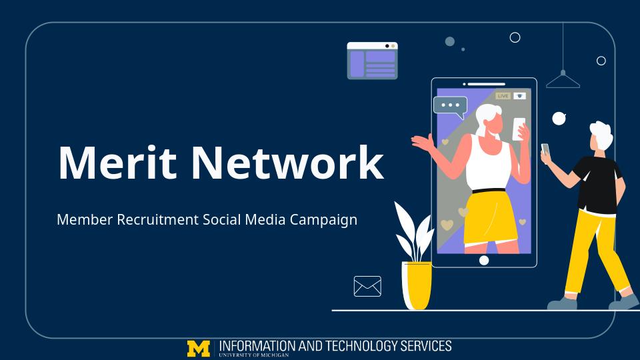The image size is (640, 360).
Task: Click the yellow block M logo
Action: tap(199, 348)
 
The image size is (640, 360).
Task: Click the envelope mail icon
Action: tap(367, 286)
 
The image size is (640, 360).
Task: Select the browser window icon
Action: tap(372, 61)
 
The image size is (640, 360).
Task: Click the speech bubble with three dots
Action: tap(450, 106)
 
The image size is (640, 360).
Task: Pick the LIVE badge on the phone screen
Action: tap(503, 96)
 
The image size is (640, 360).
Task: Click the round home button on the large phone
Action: tap(484, 260)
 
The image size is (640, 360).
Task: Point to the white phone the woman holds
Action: tap(519, 129)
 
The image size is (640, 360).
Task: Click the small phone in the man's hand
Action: tap(545, 149)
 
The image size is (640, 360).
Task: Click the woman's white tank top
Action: tap(490, 163)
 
